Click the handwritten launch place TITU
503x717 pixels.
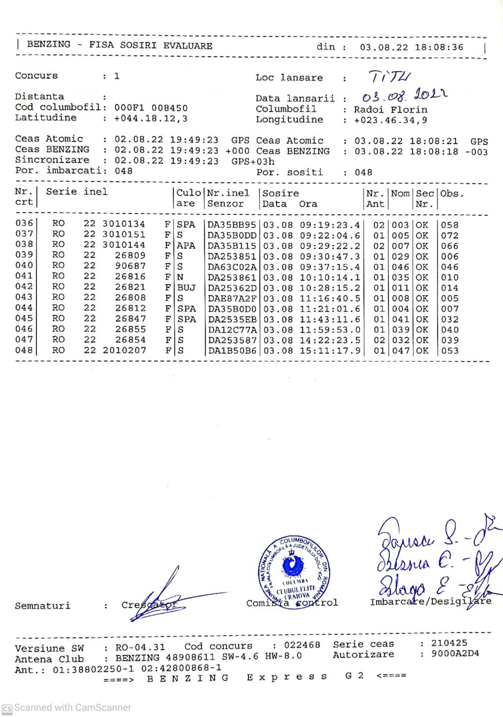390,77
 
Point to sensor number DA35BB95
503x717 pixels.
232,225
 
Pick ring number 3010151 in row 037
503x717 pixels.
124,235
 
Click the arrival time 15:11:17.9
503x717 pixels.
330,351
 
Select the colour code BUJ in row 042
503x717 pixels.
186,288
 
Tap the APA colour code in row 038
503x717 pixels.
186,245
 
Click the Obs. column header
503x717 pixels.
452,193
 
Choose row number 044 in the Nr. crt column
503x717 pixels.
24,308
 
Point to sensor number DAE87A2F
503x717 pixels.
232,298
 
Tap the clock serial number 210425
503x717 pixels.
449,643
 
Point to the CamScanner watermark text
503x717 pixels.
72,708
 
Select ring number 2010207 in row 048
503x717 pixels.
124,351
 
